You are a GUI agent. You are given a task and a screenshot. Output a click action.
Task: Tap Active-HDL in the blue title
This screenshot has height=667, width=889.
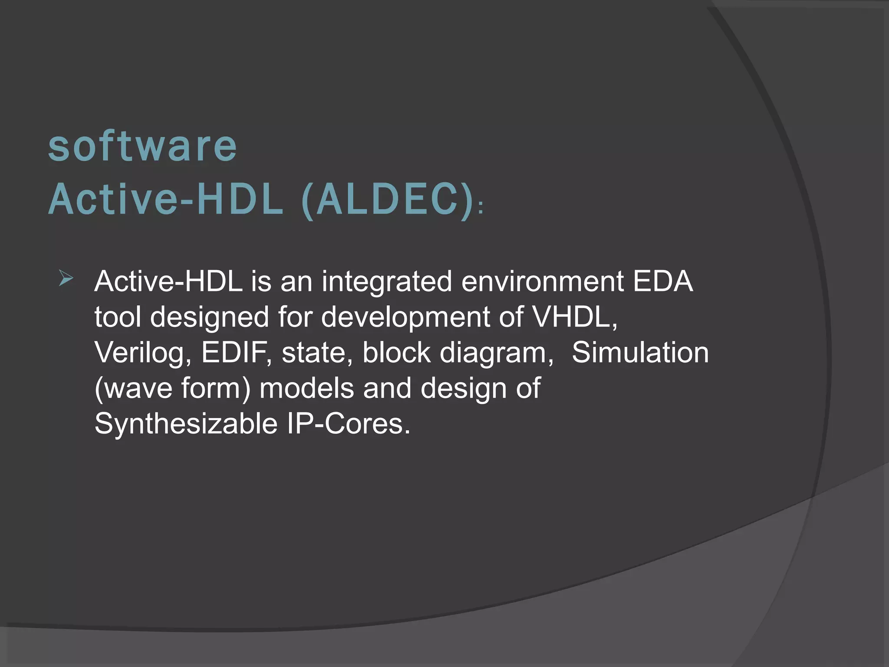click(x=165, y=200)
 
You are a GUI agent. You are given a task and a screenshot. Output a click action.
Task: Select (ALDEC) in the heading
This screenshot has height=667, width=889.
click(x=387, y=201)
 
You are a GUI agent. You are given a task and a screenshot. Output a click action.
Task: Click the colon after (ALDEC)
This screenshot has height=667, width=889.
click(x=480, y=210)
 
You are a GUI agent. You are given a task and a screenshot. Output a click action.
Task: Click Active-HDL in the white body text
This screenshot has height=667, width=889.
click(x=168, y=281)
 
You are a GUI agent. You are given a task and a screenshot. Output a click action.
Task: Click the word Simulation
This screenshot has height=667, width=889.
click(x=640, y=352)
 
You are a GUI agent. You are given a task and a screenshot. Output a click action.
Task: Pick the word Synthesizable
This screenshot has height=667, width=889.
click(x=186, y=423)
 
